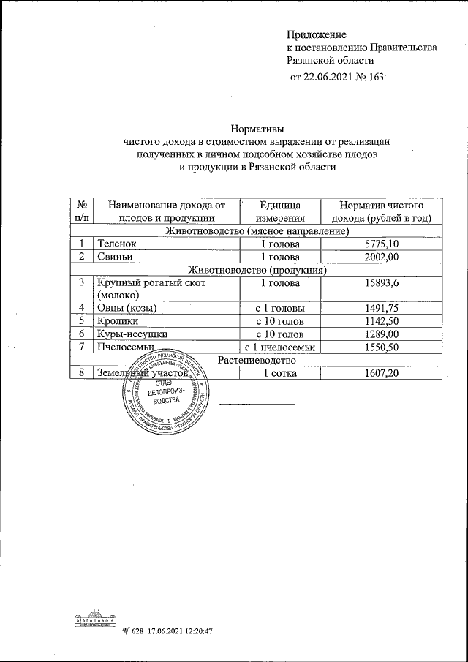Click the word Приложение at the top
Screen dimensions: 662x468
pos(316,34)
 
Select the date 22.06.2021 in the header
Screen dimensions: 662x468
pos(333,77)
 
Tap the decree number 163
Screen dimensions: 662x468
pos(374,77)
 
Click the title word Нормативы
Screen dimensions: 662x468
pos(258,127)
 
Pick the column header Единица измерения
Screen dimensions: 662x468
pos(279,211)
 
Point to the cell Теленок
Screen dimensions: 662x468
pos(117,244)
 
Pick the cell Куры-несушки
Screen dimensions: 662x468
pos(132,334)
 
